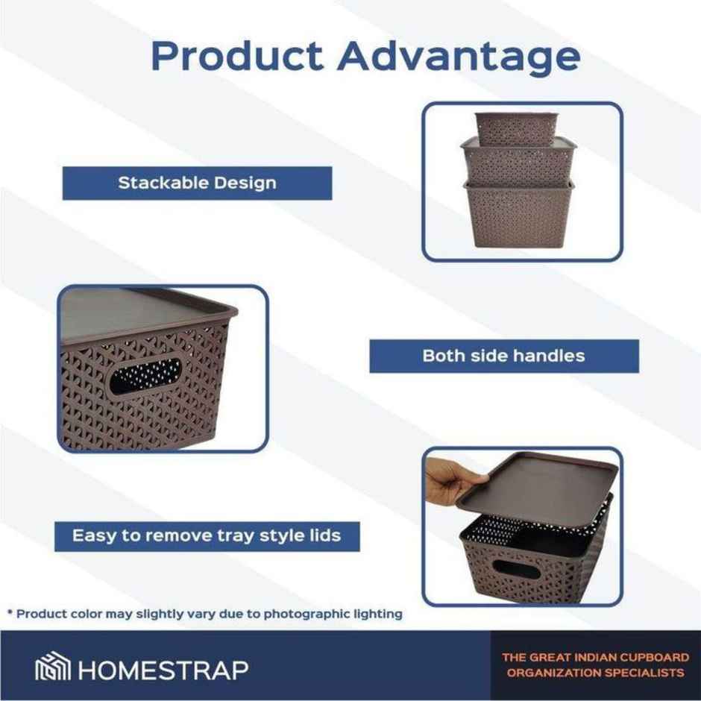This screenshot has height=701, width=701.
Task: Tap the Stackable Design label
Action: point(197,183)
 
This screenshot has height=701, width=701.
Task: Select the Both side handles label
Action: point(504,356)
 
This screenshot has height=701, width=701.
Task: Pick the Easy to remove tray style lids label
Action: point(207,535)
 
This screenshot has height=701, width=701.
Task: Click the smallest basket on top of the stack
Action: point(516,128)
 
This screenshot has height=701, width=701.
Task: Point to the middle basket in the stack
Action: point(518,161)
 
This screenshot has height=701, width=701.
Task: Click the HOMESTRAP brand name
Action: point(163,668)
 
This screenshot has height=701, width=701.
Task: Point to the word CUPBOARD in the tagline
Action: point(652,658)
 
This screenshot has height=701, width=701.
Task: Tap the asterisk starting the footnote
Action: point(10,614)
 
